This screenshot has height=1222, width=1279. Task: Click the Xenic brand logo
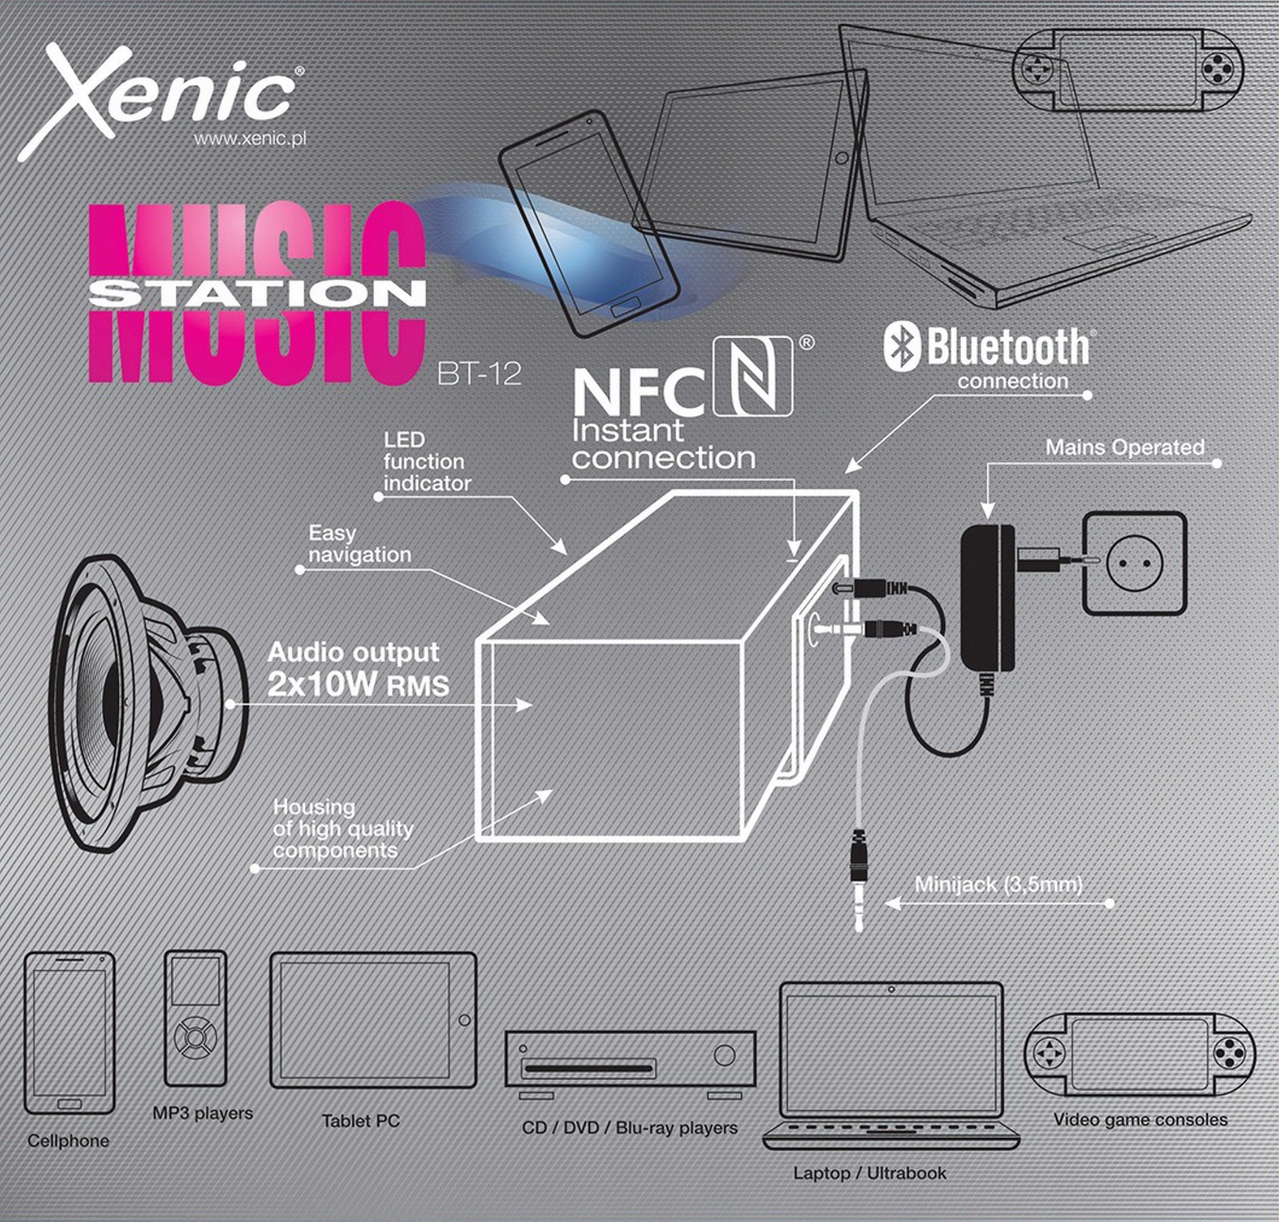coord(163,98)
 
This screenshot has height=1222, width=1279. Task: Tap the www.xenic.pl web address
coord(250,139)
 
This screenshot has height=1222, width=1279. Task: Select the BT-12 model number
coord(479,374)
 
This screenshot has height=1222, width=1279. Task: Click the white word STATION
coord(258,294)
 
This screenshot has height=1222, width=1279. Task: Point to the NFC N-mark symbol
coord(753,377)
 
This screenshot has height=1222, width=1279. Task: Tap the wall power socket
coord(1134,563)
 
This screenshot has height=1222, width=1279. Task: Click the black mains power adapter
coord(988,599)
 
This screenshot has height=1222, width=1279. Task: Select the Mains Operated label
coord(1125,448)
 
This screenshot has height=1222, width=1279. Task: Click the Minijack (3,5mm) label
coord(999,885)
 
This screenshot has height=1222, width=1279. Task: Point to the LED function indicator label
coord(427,462)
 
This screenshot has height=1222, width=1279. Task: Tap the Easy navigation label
coord(359,544)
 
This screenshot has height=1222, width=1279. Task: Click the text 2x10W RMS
coord(358,684)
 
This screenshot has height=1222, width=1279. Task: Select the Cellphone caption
coord(68,1141)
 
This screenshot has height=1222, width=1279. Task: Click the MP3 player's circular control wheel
coord(195,1037)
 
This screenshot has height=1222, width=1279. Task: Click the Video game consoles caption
coord(1140,1120)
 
